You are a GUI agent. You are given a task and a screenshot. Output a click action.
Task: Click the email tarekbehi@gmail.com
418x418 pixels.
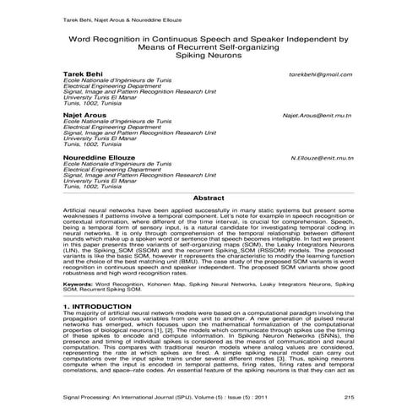point(320,74)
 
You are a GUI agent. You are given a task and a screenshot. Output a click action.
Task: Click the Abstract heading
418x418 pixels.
point(209,197)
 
